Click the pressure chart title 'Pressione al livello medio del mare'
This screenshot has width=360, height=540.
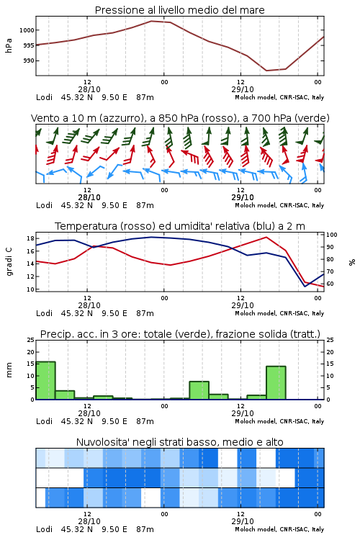click(180, 10)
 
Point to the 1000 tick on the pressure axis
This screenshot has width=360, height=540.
click(27, 30)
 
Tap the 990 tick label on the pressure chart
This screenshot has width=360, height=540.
click(29, 60)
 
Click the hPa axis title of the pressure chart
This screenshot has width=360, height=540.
click(9, 45)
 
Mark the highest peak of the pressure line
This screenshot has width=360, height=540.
click(152, 21)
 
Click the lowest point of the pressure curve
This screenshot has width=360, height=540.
click(266, 71)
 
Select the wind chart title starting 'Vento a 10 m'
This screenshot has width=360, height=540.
click(180, 118)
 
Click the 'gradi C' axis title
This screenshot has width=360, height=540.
click(9, 262)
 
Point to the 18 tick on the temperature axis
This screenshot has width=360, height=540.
click(30, 238)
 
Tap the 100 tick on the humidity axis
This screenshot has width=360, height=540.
click(332, 235)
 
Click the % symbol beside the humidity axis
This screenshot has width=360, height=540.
click(352, 262)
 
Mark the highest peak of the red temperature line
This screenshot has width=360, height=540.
click(266, 237)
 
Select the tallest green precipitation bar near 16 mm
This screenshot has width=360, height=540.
click(45, 381)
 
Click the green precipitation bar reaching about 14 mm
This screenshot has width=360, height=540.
click(276, 383)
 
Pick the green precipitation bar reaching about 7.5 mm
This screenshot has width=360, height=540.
click(199, 390)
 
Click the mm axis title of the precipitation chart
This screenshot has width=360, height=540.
click(9, 370)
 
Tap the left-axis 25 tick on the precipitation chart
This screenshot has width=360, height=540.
click(31, 340)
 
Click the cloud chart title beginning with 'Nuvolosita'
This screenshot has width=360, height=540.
click(180, 442)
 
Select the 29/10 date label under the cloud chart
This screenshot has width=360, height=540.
click(243, 521)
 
